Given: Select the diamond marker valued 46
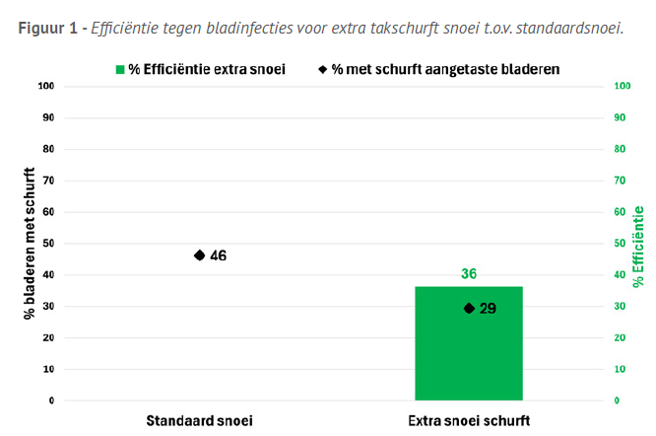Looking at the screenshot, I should (200, 255).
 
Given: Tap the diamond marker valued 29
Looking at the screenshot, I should (469, 309).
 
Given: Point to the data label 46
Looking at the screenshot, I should (219, 255).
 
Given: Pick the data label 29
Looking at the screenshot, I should (488, 309).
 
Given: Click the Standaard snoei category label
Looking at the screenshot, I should (200, 420).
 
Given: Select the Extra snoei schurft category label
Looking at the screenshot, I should (469, 420).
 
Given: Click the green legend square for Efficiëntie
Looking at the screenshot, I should (120, 69).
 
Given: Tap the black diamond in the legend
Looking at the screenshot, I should (323, 69).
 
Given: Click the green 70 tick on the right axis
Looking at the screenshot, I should (620, 181).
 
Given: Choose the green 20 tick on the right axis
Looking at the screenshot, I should (620, 338).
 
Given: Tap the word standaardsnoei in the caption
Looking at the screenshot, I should (573, 28).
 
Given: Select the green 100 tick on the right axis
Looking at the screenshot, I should (622, 87).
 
